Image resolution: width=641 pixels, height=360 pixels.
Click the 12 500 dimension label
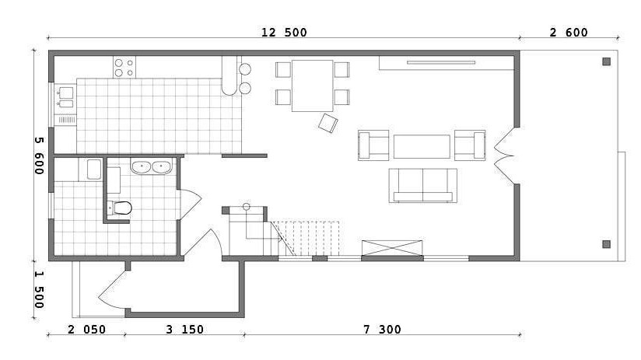point(284,33)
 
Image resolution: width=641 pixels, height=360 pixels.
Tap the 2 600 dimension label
point(568,33)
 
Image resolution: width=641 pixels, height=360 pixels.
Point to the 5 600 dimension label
point(39,156)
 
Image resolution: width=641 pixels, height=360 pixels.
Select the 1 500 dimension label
point(39,290)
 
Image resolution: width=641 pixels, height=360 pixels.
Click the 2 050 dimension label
point(86,330)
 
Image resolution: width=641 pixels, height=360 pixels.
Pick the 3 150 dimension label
point(185,330)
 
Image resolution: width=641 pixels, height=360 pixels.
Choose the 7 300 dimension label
point(382,330)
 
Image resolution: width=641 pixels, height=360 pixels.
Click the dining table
point(312,86)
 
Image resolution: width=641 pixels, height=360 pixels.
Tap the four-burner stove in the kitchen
point(124,68)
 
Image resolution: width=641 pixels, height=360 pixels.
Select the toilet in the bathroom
point(120,208)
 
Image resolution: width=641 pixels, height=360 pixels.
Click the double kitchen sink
point(65,98)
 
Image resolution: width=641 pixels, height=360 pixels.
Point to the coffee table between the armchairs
point(422,146)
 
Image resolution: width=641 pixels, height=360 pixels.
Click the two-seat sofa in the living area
point(422,186)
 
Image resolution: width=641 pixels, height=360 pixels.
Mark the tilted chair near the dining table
point(328,123)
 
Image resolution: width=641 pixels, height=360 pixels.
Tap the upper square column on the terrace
point(606,61)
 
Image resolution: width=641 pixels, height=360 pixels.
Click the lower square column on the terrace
point(606,244)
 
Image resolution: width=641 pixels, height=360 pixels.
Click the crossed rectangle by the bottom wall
point(392,248)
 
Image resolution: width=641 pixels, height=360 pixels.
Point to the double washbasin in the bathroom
point(151,166)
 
